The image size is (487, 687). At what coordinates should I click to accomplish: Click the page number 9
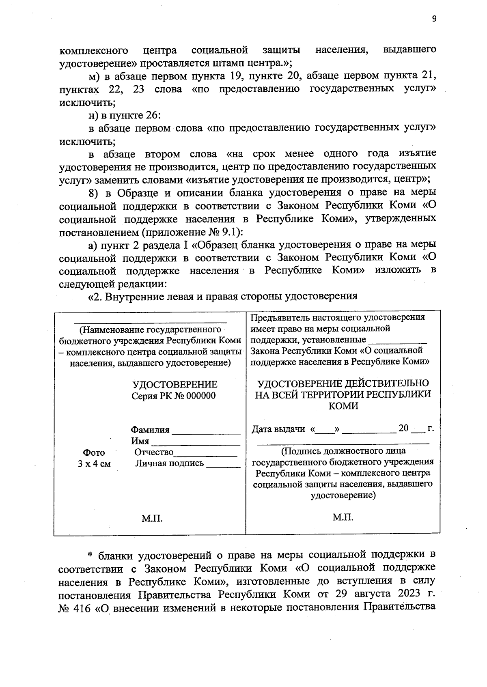(x=434, y=18)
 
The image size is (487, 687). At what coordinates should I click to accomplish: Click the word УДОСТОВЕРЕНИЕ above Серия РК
(x=175, y=384)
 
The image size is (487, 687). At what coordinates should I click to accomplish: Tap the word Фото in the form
(x=94, y=452)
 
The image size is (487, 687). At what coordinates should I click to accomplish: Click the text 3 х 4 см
(x=94, y=463)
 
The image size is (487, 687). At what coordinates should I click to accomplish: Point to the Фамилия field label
(x=150, y=430)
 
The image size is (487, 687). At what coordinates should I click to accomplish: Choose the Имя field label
(x=140, y=441)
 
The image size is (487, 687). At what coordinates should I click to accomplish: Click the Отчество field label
(x=154, y=452)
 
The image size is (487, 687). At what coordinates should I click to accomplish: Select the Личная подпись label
(x=170, y=463)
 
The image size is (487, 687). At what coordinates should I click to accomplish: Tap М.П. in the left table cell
(x=152, y=518)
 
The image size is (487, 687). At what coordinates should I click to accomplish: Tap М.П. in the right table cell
(x=343, y=517)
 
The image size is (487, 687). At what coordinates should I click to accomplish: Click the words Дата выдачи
(x=278, y=429)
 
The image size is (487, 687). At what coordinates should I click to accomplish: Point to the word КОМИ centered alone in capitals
(x=343, y=406)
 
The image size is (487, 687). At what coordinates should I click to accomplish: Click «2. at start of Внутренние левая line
(x=97, y=296)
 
